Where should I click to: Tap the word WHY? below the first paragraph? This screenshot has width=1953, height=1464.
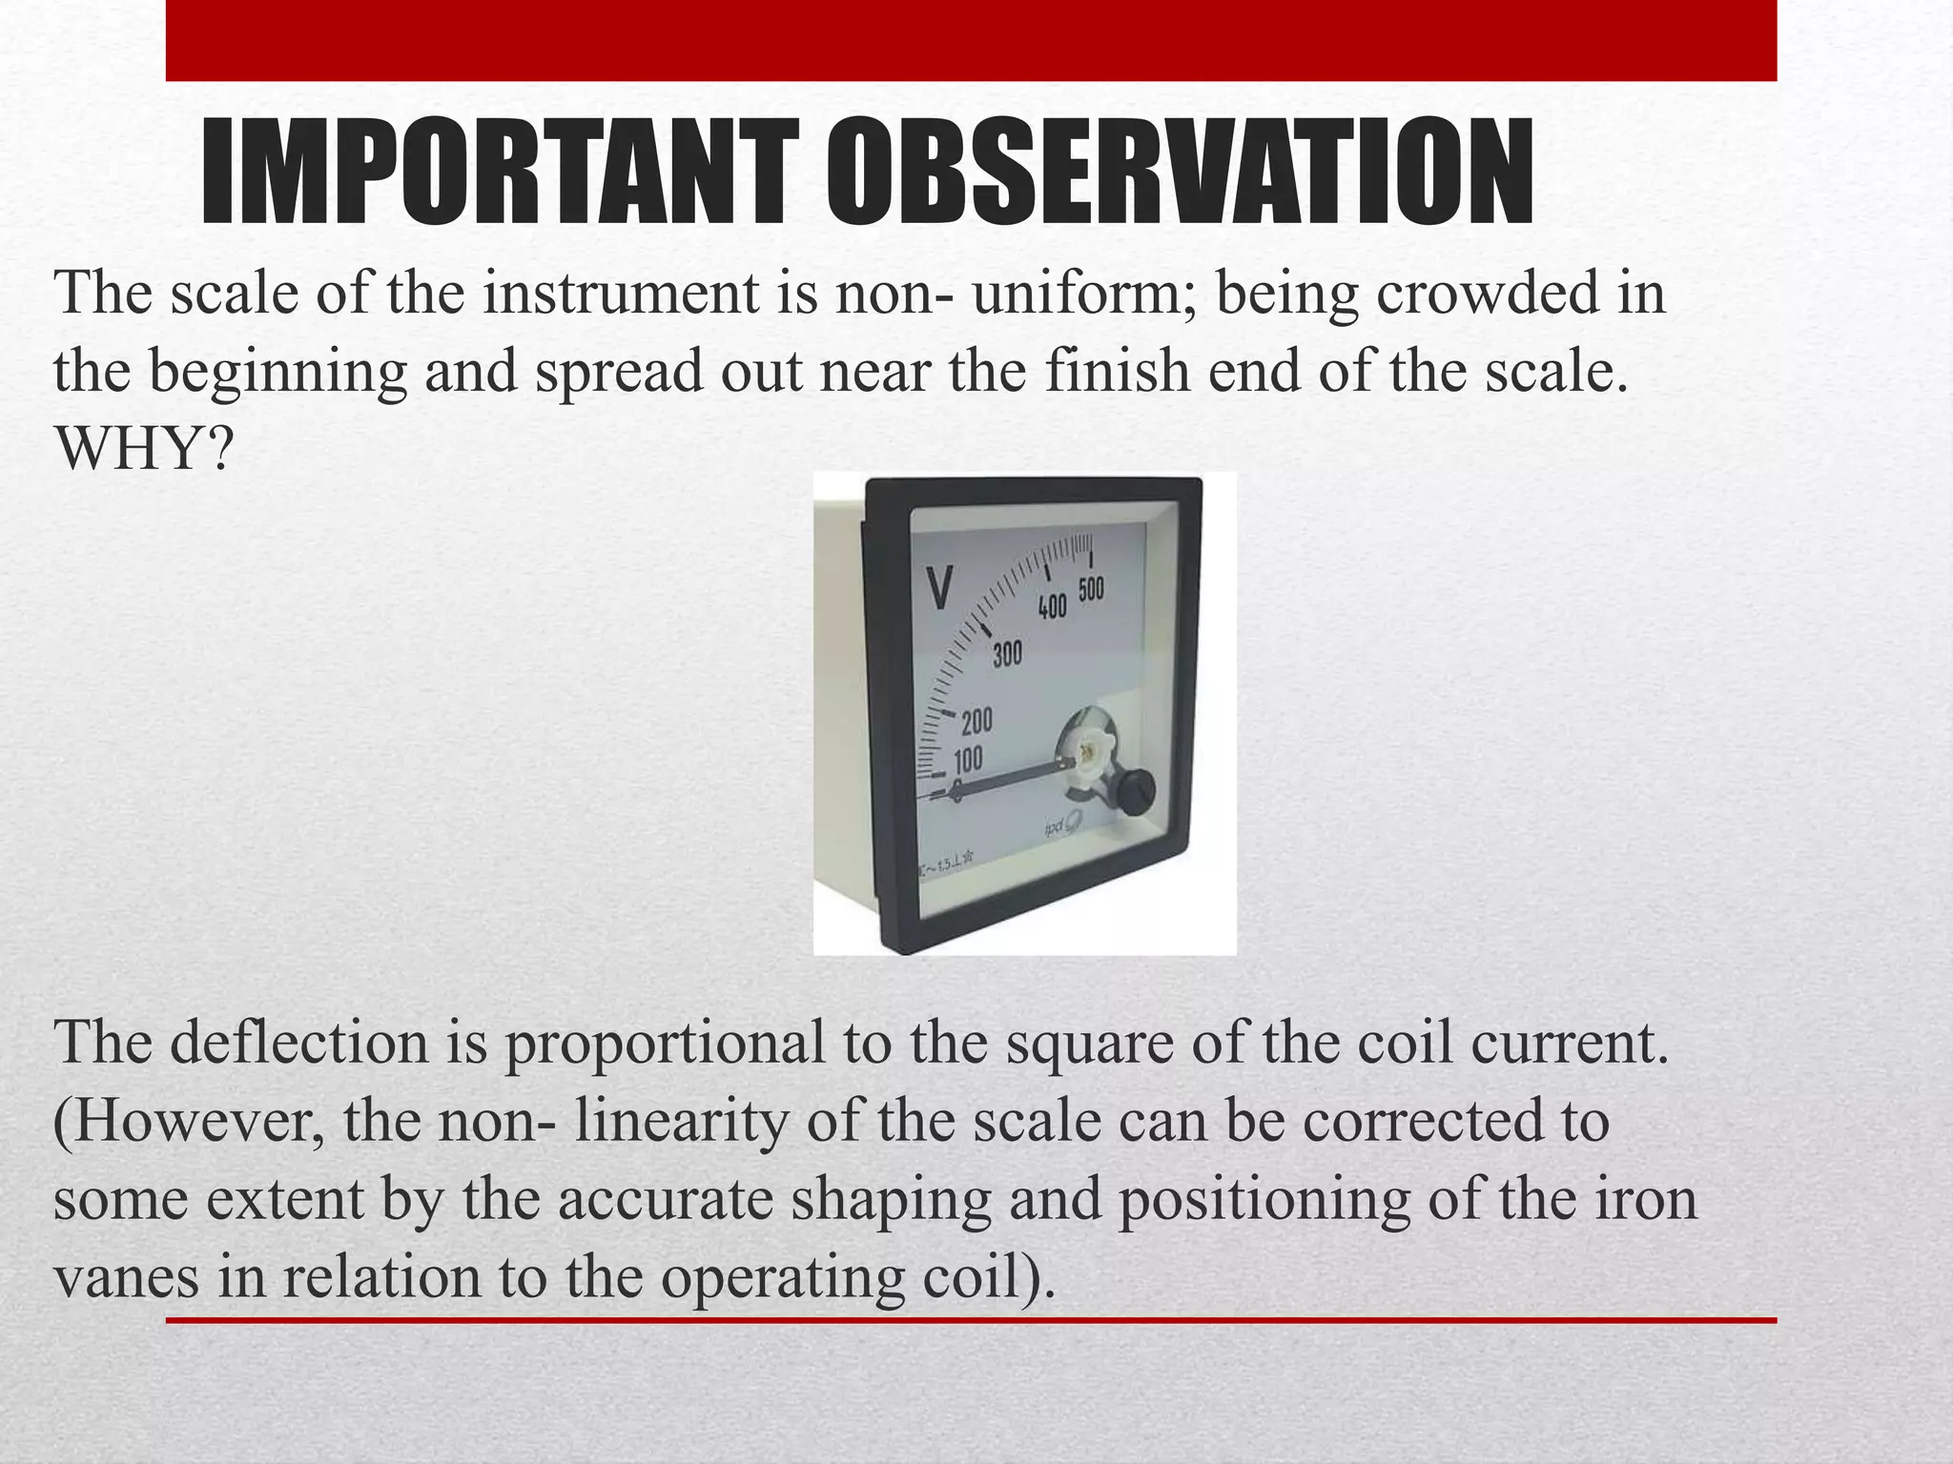coord(144,448)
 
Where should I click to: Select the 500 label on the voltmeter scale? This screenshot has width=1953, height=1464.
coord(1091,589)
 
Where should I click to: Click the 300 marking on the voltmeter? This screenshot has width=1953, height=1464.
coord(1007,655)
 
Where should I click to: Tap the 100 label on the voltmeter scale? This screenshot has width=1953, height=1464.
coord(968,760)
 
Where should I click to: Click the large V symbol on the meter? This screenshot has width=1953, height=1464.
coord(940,588)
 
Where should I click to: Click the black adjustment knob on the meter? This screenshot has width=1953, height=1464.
coord(1135,789)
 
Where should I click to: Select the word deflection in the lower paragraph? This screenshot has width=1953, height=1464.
coord(298,1043)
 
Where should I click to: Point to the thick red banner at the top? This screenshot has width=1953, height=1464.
coord(971,40)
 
